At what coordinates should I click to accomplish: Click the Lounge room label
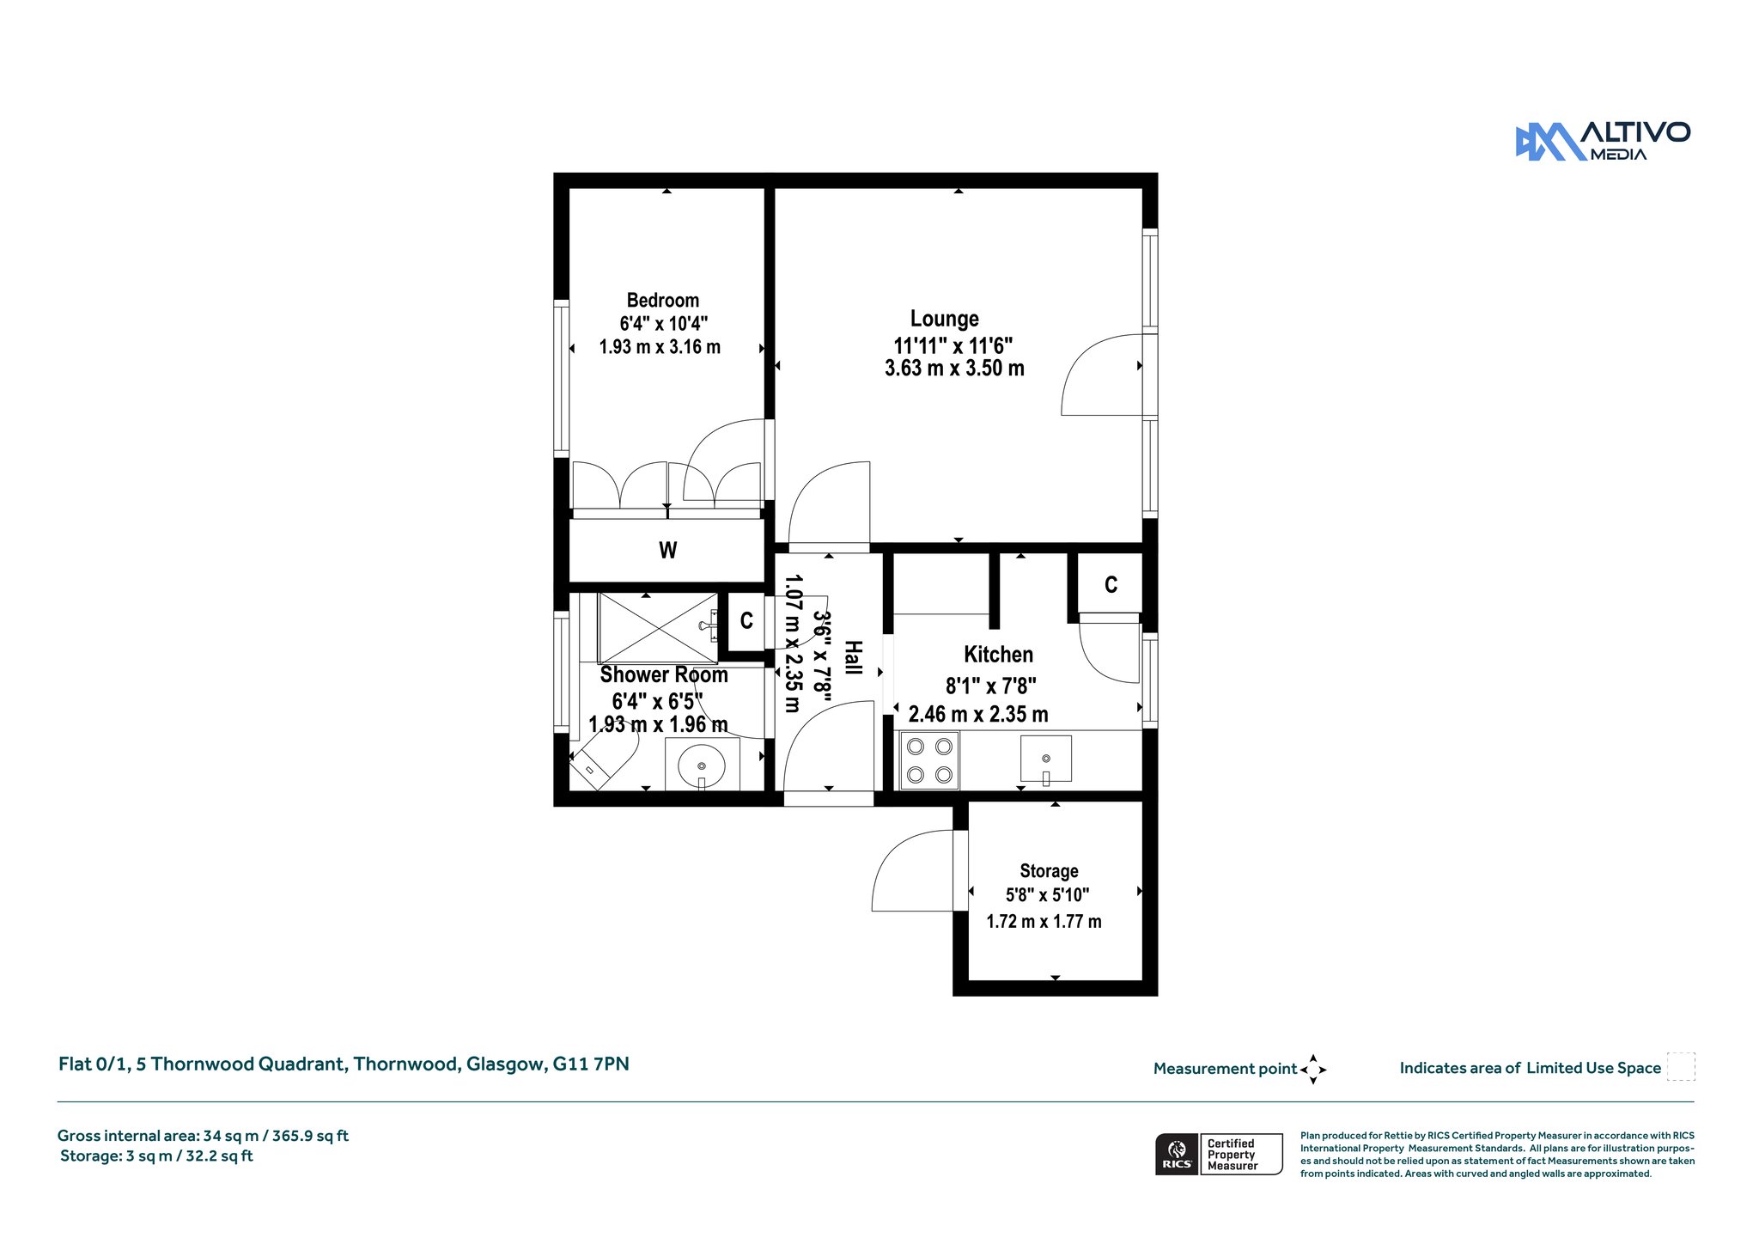945,319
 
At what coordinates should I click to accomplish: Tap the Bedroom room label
662,301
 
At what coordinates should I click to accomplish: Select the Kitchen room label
998,655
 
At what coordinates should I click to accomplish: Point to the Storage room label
1049,871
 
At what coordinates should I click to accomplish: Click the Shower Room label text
664,675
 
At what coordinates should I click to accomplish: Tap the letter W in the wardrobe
668,551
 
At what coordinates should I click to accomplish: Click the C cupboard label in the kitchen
1111,585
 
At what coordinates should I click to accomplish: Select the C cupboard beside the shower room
746,620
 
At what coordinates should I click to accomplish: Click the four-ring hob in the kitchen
929,760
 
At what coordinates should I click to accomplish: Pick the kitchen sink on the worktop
1045,759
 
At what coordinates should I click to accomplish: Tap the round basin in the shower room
702,765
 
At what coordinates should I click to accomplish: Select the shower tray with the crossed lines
658,628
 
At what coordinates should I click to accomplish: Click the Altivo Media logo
1603,141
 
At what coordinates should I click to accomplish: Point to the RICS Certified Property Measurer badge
1219,1154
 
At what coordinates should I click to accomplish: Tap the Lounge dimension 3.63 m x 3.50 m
954,369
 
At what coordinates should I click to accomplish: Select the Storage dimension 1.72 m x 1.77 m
1044,922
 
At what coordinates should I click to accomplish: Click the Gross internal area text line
203,1136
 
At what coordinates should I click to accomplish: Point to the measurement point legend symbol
1313,1070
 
